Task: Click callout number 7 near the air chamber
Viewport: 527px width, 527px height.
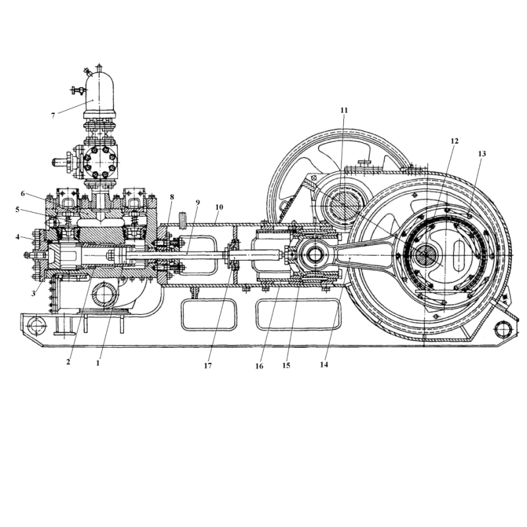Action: point(53,116)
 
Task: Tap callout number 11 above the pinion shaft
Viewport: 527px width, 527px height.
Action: point(344,110)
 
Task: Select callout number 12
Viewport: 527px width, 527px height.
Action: point(455,141)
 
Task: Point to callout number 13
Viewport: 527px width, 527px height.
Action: point(482,154)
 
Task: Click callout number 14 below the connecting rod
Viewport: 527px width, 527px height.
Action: point(324,365)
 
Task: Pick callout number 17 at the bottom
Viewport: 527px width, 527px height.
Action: point(208,366)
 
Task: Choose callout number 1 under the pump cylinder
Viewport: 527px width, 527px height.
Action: point(97,364)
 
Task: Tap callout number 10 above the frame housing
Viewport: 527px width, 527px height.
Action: point(219,207)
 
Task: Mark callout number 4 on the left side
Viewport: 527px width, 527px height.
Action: point(18,237)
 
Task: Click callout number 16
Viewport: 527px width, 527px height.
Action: point(259,366)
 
